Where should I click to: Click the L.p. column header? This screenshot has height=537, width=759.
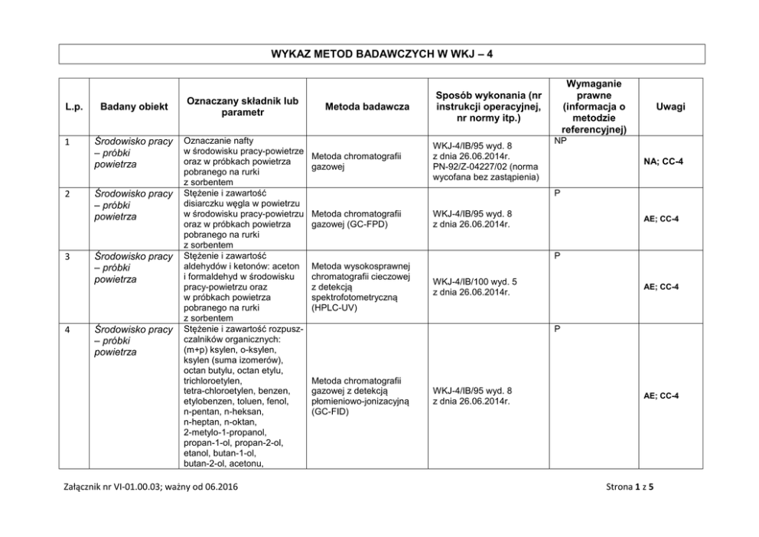[74, 107]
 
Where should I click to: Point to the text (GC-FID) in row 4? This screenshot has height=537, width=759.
[331, 412]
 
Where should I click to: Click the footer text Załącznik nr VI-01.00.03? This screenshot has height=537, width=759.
[103, 487]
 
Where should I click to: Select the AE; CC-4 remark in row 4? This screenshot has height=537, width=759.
[661, 396]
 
